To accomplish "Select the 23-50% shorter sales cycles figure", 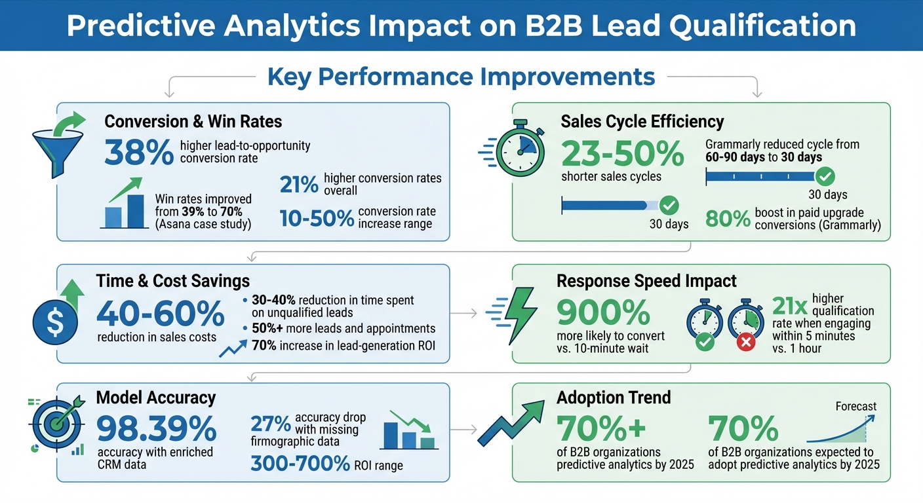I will (622, 155).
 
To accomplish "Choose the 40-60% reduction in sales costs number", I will (160, 314).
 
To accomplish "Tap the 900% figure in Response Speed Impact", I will (603, 313).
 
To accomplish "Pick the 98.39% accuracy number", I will (156, 429).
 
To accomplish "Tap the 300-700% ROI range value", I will (300, 464).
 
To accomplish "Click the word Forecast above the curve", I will (855, 406).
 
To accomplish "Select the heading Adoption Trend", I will (614, 398).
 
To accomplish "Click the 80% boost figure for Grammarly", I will (728, 219).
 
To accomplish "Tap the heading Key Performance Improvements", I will (461, 77).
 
